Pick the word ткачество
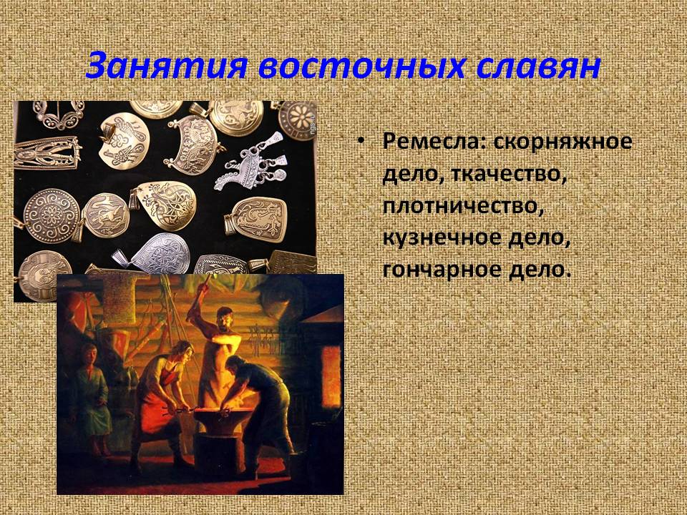pyautogui.click(x=508, y=174)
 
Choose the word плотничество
pyautogui.click(x=464, y=206)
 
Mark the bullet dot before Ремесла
pyautogui.click(x=360, y=142)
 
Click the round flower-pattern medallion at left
pyautogui.click(x=52, y=215)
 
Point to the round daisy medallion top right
pyautogui.click(x=297, y=120)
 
